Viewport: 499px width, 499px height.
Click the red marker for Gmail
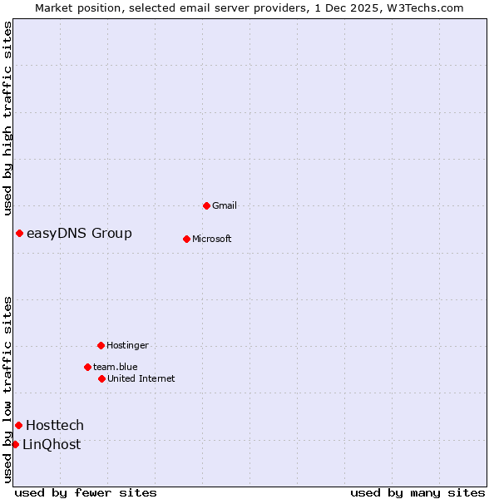(206, 205)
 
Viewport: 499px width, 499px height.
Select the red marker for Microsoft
(186, 239)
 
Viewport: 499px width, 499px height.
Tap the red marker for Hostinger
(101, 345)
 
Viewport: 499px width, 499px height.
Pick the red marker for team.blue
(87, 367)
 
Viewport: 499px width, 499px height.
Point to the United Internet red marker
(101, 378)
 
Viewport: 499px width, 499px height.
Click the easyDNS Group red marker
(19, 233)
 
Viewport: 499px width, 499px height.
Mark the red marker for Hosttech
(18, 425)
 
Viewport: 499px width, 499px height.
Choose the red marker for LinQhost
(15, 444)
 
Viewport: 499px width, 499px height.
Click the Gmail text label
(225, 205)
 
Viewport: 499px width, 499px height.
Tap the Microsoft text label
(211, 239)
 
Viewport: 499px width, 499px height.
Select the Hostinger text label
(127, 345)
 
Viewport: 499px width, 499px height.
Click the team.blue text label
(116, 367)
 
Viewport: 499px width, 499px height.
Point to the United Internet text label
(141, 378)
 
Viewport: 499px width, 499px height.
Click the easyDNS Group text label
(79, 233)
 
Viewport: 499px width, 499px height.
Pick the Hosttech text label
(55, 425)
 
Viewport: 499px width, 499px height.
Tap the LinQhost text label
(52, 444)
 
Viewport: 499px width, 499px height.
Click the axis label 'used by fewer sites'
(86, 492)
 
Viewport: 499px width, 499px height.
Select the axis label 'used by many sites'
(417, 492)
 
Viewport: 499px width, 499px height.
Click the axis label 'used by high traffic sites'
(7, 118)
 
